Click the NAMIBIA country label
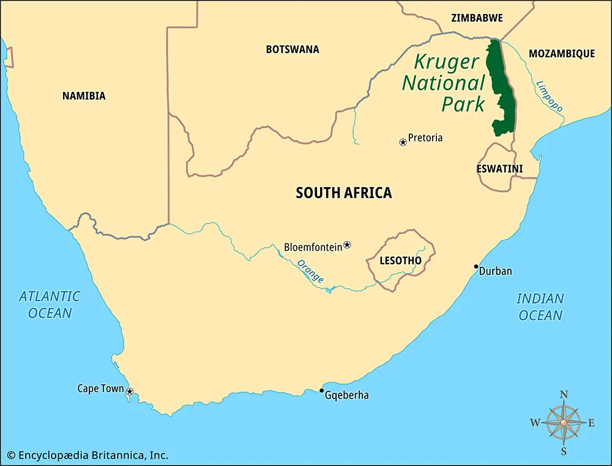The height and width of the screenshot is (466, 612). (84, 96)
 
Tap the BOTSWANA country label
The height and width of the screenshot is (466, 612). (292, 50)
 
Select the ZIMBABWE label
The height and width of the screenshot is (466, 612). (477, 18)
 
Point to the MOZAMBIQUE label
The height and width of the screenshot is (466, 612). (561, 54)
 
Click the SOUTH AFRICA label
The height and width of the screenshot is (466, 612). (343, 193)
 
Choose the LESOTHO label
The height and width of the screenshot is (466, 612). (400, 261)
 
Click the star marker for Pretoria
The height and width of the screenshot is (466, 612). (403, 142)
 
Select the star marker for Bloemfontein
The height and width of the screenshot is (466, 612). (347, 245)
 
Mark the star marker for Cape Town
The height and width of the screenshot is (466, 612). (130, 391)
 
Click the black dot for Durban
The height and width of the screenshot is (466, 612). (476, 267)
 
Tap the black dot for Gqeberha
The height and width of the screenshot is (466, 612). (322, 390)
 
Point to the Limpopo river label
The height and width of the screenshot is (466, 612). (550, 96)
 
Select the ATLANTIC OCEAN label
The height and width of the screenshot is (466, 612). (49, 305)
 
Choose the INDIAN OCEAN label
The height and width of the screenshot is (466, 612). (540, 307)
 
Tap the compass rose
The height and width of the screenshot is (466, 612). (564, 421)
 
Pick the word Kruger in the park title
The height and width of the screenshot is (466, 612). (447, 62)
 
